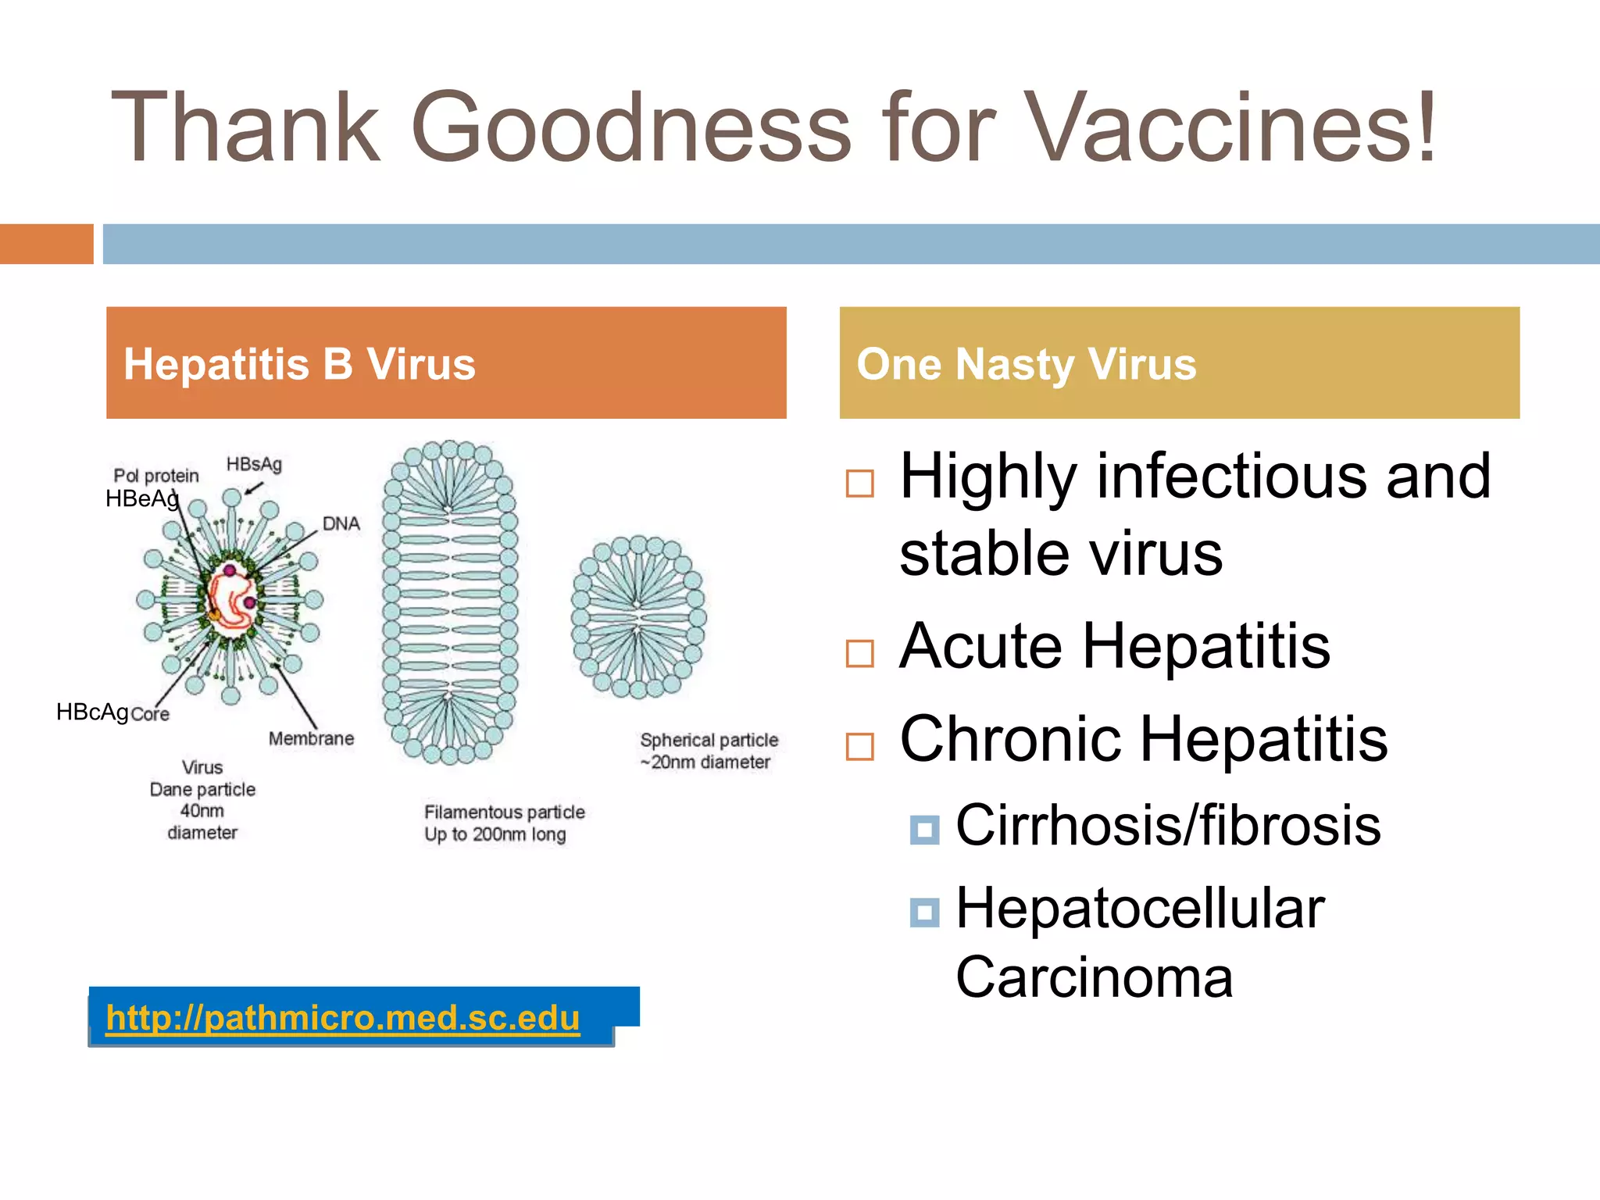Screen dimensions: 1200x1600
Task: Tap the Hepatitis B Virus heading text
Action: pyautogui.click(x=299, y=364)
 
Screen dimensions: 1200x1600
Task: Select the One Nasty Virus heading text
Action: pyautogui.click(x=1026, y=364)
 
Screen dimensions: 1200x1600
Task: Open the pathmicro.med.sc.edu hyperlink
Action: pyautogui.click(x=342, y=1017)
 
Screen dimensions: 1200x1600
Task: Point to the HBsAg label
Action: pyautogui.click(x=254, y=464)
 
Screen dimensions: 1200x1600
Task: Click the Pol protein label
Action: pyautogui.click(x=156, y=475)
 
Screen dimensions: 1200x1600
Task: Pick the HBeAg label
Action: pyautogui.click(x=142, y=498)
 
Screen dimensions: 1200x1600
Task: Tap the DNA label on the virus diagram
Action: pyautogui.click(x=341, y=523)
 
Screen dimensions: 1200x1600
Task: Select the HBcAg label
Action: pyautogui.click(x=92, y=712)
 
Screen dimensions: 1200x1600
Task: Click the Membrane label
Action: pyautogui.click(x=311, y=738)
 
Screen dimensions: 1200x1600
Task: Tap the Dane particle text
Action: pyautogui.click(x=202, y=789)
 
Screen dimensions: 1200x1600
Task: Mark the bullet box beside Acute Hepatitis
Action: pyautogui.click(x=860, y=653)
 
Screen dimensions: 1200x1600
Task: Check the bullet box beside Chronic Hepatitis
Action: pyautogui.click(x=860, y=746)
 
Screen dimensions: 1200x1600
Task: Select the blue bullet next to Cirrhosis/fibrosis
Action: pyautogui.click(x=925, y=830)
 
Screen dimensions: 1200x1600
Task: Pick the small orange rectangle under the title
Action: pyautogui.click(x=46, y=244)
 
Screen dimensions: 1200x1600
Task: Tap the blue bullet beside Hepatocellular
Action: pyautogui.click(x=925, y=912)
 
